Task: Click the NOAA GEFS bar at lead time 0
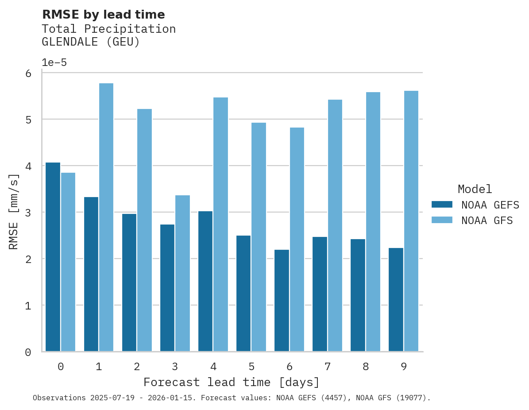[53, 257]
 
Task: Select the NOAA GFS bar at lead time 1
[106, 217]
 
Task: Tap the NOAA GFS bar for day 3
[182, 273]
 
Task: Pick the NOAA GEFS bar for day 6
[282, 301]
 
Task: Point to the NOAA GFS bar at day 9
[411, 221]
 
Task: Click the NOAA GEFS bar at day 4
[205, 281]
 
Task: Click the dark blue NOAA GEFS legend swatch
[442, 205]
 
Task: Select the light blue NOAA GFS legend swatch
[442, 220]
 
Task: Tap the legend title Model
[475, 189]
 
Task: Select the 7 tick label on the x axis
[328, 367]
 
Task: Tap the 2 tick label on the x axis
[137, 367]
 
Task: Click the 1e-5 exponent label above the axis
[54, 63]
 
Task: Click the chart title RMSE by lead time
[103, 15]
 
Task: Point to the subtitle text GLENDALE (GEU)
[91, 42]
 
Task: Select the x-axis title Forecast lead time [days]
[232, 382]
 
